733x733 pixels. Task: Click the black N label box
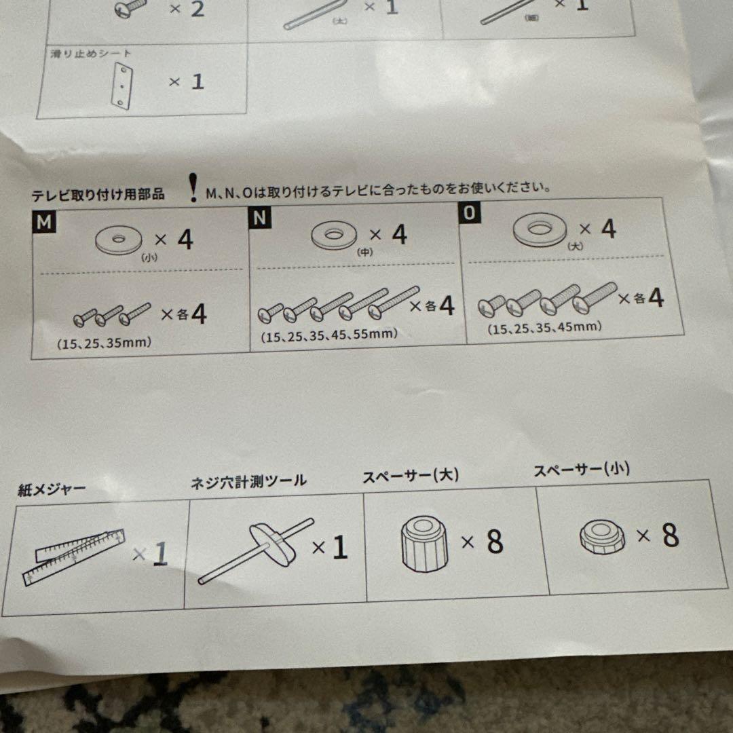(x=260, y=218)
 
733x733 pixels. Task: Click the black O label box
(x=470, y=213)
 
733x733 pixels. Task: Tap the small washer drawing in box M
(x=119, y=240)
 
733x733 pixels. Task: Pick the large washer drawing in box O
(x=540, y=229)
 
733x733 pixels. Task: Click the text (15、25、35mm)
(x=105, y=343)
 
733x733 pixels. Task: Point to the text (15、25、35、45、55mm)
(x=329, y=335)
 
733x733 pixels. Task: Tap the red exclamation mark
(x=195, y=187)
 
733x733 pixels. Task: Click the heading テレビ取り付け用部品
(x=98, y=195)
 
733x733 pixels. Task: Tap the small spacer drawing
(x=602, y=538)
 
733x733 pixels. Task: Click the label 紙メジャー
(x=52, y=490)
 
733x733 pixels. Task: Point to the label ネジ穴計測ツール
(x=249, y=482)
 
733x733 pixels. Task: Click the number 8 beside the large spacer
(x=495, y=542)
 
